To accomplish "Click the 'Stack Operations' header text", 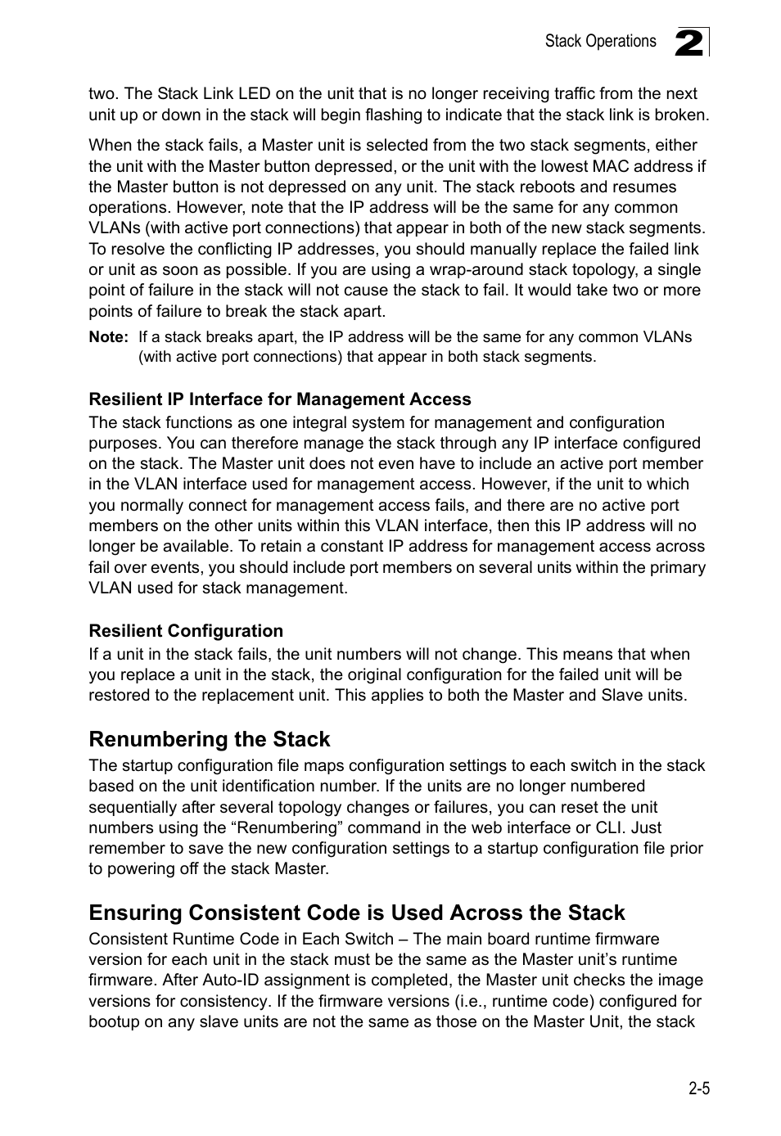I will [600, 41].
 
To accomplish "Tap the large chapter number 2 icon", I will [689, 42].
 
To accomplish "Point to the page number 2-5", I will [698, 1089].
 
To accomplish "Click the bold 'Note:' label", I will [108, 336].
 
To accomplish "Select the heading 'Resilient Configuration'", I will [186, 631].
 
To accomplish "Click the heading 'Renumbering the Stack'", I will [210, 739].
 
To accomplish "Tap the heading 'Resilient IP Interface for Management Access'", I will [280, 399].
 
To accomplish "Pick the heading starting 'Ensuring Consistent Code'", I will [357, 913].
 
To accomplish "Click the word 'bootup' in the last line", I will [113, 1021].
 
